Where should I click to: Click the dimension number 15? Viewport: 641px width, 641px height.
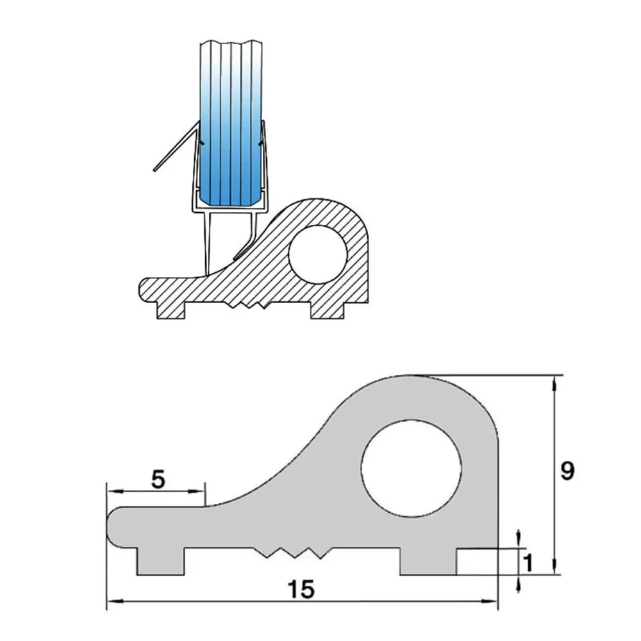pyautogui.click(x=301, y=590)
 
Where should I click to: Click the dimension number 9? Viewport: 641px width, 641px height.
pyautogui.click(x=567, y=472)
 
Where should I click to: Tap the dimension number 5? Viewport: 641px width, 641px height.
pyautogui.click(x=158, y=479)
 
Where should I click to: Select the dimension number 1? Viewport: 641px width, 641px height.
pyautogui.click(x=528, y=563)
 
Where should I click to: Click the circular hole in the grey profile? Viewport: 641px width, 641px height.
pyautogui.click(x=412, y=468)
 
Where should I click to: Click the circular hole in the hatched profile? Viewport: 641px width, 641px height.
pyautogui.click(x=318, y=254)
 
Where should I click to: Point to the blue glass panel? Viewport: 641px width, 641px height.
pyautogui.click(x=231, y=122)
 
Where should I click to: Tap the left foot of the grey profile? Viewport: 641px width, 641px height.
pyautogui.click(x=160, y=562)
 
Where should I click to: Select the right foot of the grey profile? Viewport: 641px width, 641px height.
pyautogui.click(x=428, y=562)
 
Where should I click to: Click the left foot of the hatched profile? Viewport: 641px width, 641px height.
pyautogui.click(x=171, y=311)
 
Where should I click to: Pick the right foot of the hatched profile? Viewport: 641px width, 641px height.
pyautogui.click(x=326, y=311)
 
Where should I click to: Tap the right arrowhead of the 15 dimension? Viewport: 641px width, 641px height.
pyautogui.click(x=490, y=601)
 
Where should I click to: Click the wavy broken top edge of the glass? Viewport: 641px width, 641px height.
pyautogui.click(x=231, y=42)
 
